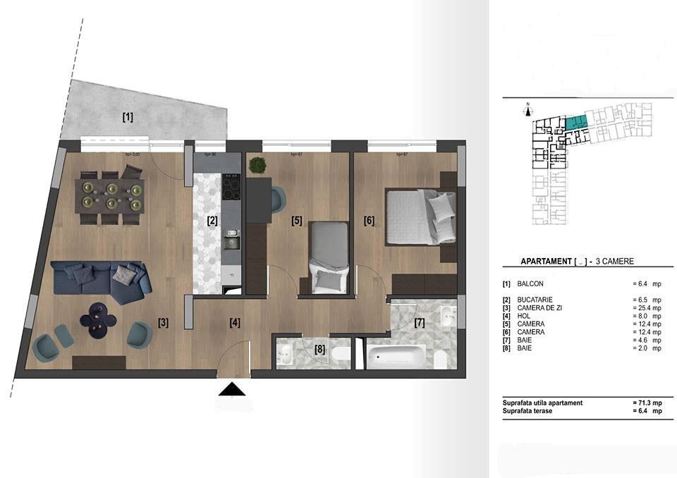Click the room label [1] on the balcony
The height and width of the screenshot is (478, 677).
coord(128,117)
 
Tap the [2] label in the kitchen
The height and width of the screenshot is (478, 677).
coord(212,220)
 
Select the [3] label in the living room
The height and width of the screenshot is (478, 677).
coord(163,323)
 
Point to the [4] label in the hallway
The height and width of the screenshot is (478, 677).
coord(235,323)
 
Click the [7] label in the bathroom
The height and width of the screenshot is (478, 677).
coord(420,323)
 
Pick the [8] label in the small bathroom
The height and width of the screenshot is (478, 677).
coord(320,348)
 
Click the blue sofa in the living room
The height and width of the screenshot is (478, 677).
coord(102,280)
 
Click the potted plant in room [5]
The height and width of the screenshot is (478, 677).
coord(258,166)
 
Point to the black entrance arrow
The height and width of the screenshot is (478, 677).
coord(233,390)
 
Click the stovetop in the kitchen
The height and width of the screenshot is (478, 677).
coord(232,187)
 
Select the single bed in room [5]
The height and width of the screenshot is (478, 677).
coord(329,256)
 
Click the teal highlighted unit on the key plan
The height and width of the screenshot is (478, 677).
coord(576,123)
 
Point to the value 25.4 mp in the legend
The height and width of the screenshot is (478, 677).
coord(647,308)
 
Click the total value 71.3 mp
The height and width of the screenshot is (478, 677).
coord(647,402)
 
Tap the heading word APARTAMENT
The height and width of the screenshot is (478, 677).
coord(546,261)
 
